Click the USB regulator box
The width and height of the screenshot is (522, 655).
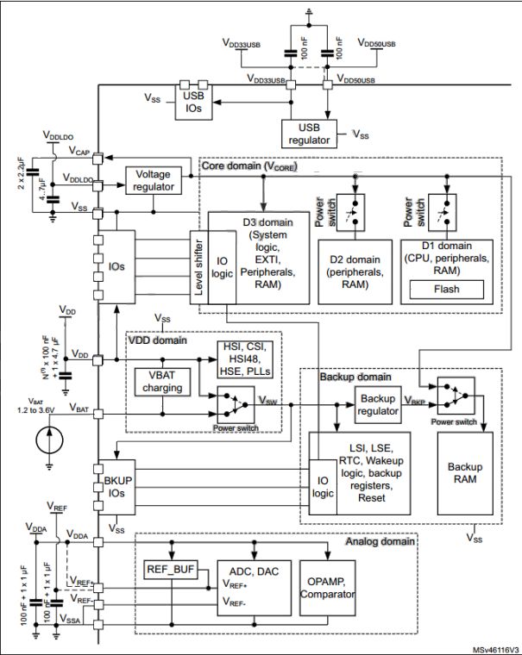pos(309,134)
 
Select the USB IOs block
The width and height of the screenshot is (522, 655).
pos(193,103)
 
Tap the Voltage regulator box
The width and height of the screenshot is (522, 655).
pos(154,180)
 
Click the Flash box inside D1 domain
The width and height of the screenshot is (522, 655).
pos(446,289)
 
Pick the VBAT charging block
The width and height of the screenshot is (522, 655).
pos(162,382)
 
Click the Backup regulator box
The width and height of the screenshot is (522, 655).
pos(378,405)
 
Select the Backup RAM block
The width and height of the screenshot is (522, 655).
pos(465,473)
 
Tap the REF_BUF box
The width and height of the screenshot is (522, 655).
pos(171,570)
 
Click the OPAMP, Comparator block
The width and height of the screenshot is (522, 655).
pos(328,588)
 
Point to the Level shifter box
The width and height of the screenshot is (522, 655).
pos(199,267)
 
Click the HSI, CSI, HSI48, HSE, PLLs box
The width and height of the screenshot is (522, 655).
pos(245,359)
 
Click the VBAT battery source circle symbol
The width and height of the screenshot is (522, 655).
pos(49,440)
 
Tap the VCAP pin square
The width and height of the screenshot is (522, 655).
pos(97,159)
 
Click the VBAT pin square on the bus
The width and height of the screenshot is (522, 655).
pos(97,414)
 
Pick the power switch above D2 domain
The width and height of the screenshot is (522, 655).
pos(350,212)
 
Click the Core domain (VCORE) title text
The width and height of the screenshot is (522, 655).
pos(249,165)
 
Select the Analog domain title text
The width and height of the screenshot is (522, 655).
pos(380,541)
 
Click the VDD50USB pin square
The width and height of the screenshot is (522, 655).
pos(328,84)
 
